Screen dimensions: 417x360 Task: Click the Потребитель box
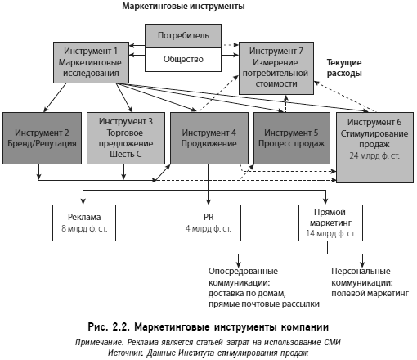tap(183, 36)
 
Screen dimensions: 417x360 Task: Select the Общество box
tap(183, 60)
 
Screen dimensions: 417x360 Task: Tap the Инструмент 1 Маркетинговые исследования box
tap(91, 62)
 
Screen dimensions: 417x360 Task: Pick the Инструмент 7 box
tap(276, 68)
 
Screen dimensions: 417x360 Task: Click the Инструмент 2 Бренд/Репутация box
tap(42, 138)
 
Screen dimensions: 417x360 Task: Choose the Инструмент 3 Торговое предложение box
tap(126, 138)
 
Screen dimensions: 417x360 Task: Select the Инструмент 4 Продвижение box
tap(209, 138)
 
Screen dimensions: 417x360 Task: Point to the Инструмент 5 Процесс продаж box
tap(292, 138)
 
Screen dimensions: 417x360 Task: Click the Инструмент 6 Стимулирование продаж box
tap(374, 147)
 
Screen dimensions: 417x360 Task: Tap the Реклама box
tap(84, 223)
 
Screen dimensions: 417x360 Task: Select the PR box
tap(208, 223)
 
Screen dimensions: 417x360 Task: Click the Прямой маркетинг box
tap(330, 223)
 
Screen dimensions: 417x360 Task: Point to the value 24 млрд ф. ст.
tap(374, 155)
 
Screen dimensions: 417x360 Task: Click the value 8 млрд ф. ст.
tap(84, 228)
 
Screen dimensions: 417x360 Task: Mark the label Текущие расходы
tap(344, 68)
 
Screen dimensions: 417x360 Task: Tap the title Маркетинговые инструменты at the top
tap(183, 6)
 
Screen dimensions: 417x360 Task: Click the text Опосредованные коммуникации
tap(243, 277)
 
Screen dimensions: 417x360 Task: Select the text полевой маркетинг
tap(370, 294)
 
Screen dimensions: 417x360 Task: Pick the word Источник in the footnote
tap(126, 353)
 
